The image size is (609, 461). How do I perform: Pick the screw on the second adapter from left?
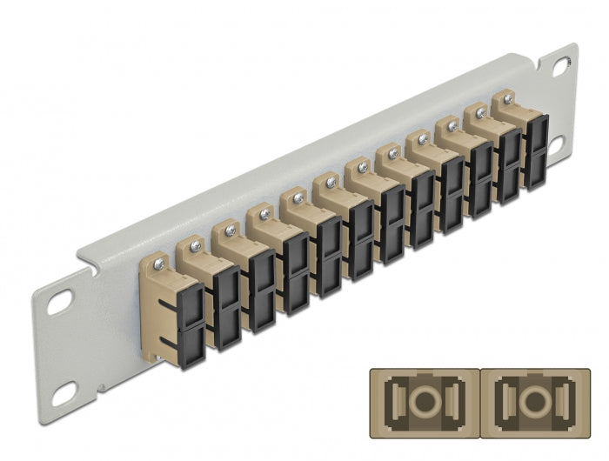[x=195, y=245]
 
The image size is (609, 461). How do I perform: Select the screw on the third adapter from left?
[x=230, y=230]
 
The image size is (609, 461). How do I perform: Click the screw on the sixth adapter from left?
[x=331, y=183]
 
